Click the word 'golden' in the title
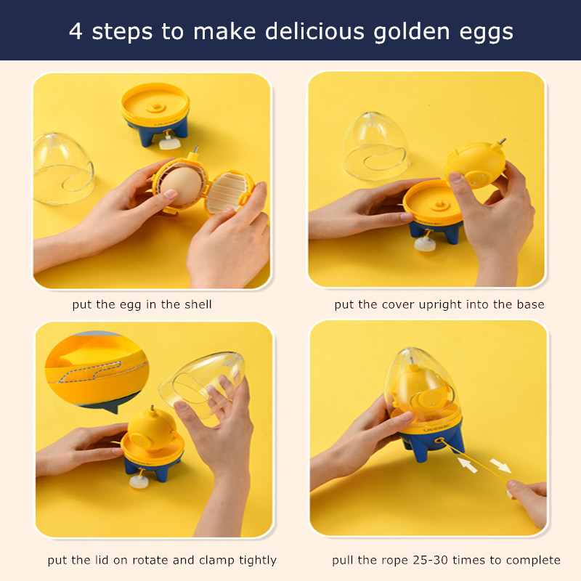(x=411, y=32)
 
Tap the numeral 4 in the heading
(x=76, y=31)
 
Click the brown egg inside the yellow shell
(x=181, y=186)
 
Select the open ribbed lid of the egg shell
(x=227, y=192)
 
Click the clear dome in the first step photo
(x=63, y=168)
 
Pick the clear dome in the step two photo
(x=375, y=146)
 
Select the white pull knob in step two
(x=425, y=244)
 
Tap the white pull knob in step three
(x=139, y=481)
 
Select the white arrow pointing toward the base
(x=468, y=465)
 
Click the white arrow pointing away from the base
(x=500, y=466)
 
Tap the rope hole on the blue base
(x=439, y=441)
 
